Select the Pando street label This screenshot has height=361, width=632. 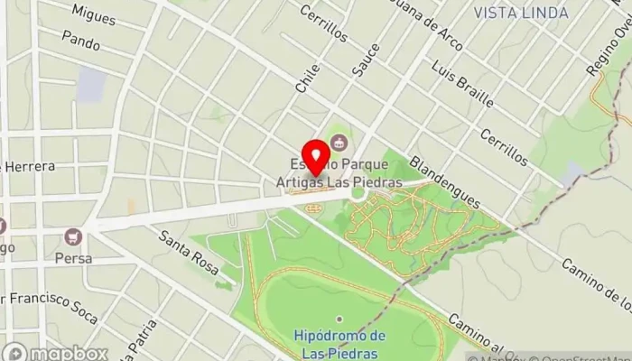tap(80, 39)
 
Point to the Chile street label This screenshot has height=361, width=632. tap(307, 79)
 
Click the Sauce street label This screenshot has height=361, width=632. tap(359, 63)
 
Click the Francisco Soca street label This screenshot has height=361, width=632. tap(50, 300)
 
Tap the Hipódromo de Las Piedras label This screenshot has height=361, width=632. tap(339, 342)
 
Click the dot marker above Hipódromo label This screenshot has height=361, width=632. tap(339, 319)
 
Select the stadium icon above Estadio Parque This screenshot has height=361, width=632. tap(339, 141)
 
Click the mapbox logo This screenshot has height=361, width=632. tap(55, 352)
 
